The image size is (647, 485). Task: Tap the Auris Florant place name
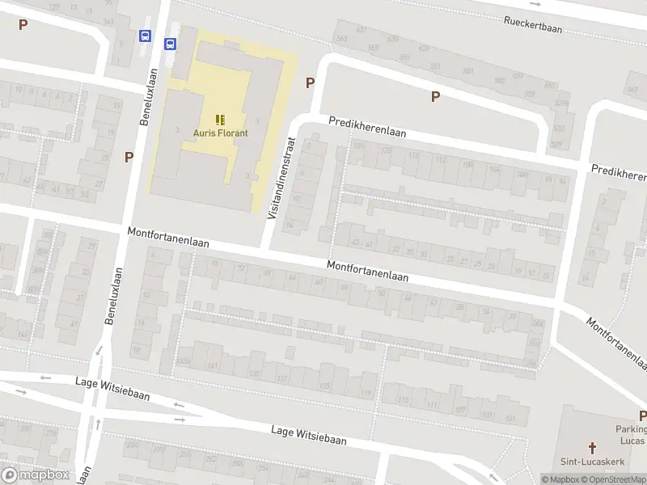click(220, 133)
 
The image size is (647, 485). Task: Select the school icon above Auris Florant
click(220, 120)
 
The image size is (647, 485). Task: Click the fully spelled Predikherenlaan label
click(367, 126)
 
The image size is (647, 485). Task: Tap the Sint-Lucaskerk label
click(592, 461)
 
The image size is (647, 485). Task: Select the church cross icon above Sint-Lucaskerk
click(592, 447)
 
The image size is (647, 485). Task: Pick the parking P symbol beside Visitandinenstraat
click(310, 82)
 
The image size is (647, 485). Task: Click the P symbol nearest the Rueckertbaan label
click(435, 96)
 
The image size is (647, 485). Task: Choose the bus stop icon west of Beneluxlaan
click(145, 36)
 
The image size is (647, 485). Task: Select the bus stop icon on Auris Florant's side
click(171, 44)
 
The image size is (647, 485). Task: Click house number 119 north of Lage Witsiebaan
click(366, 394)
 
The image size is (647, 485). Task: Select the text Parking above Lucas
click(632, 429)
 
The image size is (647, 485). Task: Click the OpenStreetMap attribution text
click(615, 479)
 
